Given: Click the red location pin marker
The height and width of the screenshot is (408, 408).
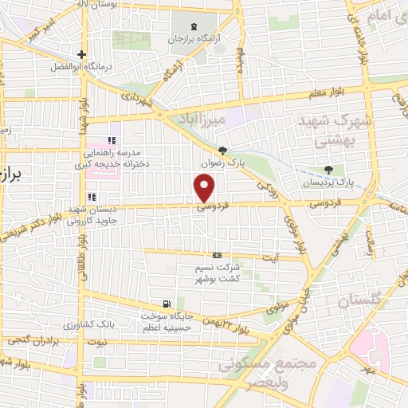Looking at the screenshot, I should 205,188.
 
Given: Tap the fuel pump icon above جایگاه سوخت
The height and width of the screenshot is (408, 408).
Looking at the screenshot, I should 166,303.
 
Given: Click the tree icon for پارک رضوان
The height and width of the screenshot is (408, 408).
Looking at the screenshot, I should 222,151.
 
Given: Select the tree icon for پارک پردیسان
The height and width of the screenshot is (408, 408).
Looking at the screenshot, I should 329,170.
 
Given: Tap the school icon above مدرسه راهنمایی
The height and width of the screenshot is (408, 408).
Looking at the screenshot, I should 112,140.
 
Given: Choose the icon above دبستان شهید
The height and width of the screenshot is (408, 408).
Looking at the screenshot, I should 92,197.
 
